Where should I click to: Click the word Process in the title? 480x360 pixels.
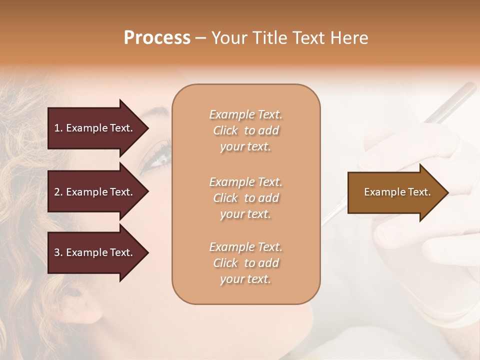point(157,38)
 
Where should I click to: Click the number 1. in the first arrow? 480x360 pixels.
point(58,128)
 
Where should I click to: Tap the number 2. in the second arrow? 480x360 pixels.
point(58,192)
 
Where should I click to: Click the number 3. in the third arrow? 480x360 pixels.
point(58,252)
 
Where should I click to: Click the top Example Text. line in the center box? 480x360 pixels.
point(245,115)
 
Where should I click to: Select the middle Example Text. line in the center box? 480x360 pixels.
point(245,182)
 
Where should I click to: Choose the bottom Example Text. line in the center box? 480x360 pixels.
point(245,247)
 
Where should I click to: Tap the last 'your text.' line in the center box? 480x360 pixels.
point(245,279)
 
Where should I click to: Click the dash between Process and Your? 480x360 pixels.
point(200,38)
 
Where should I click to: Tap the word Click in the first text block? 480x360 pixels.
point(225,131)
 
